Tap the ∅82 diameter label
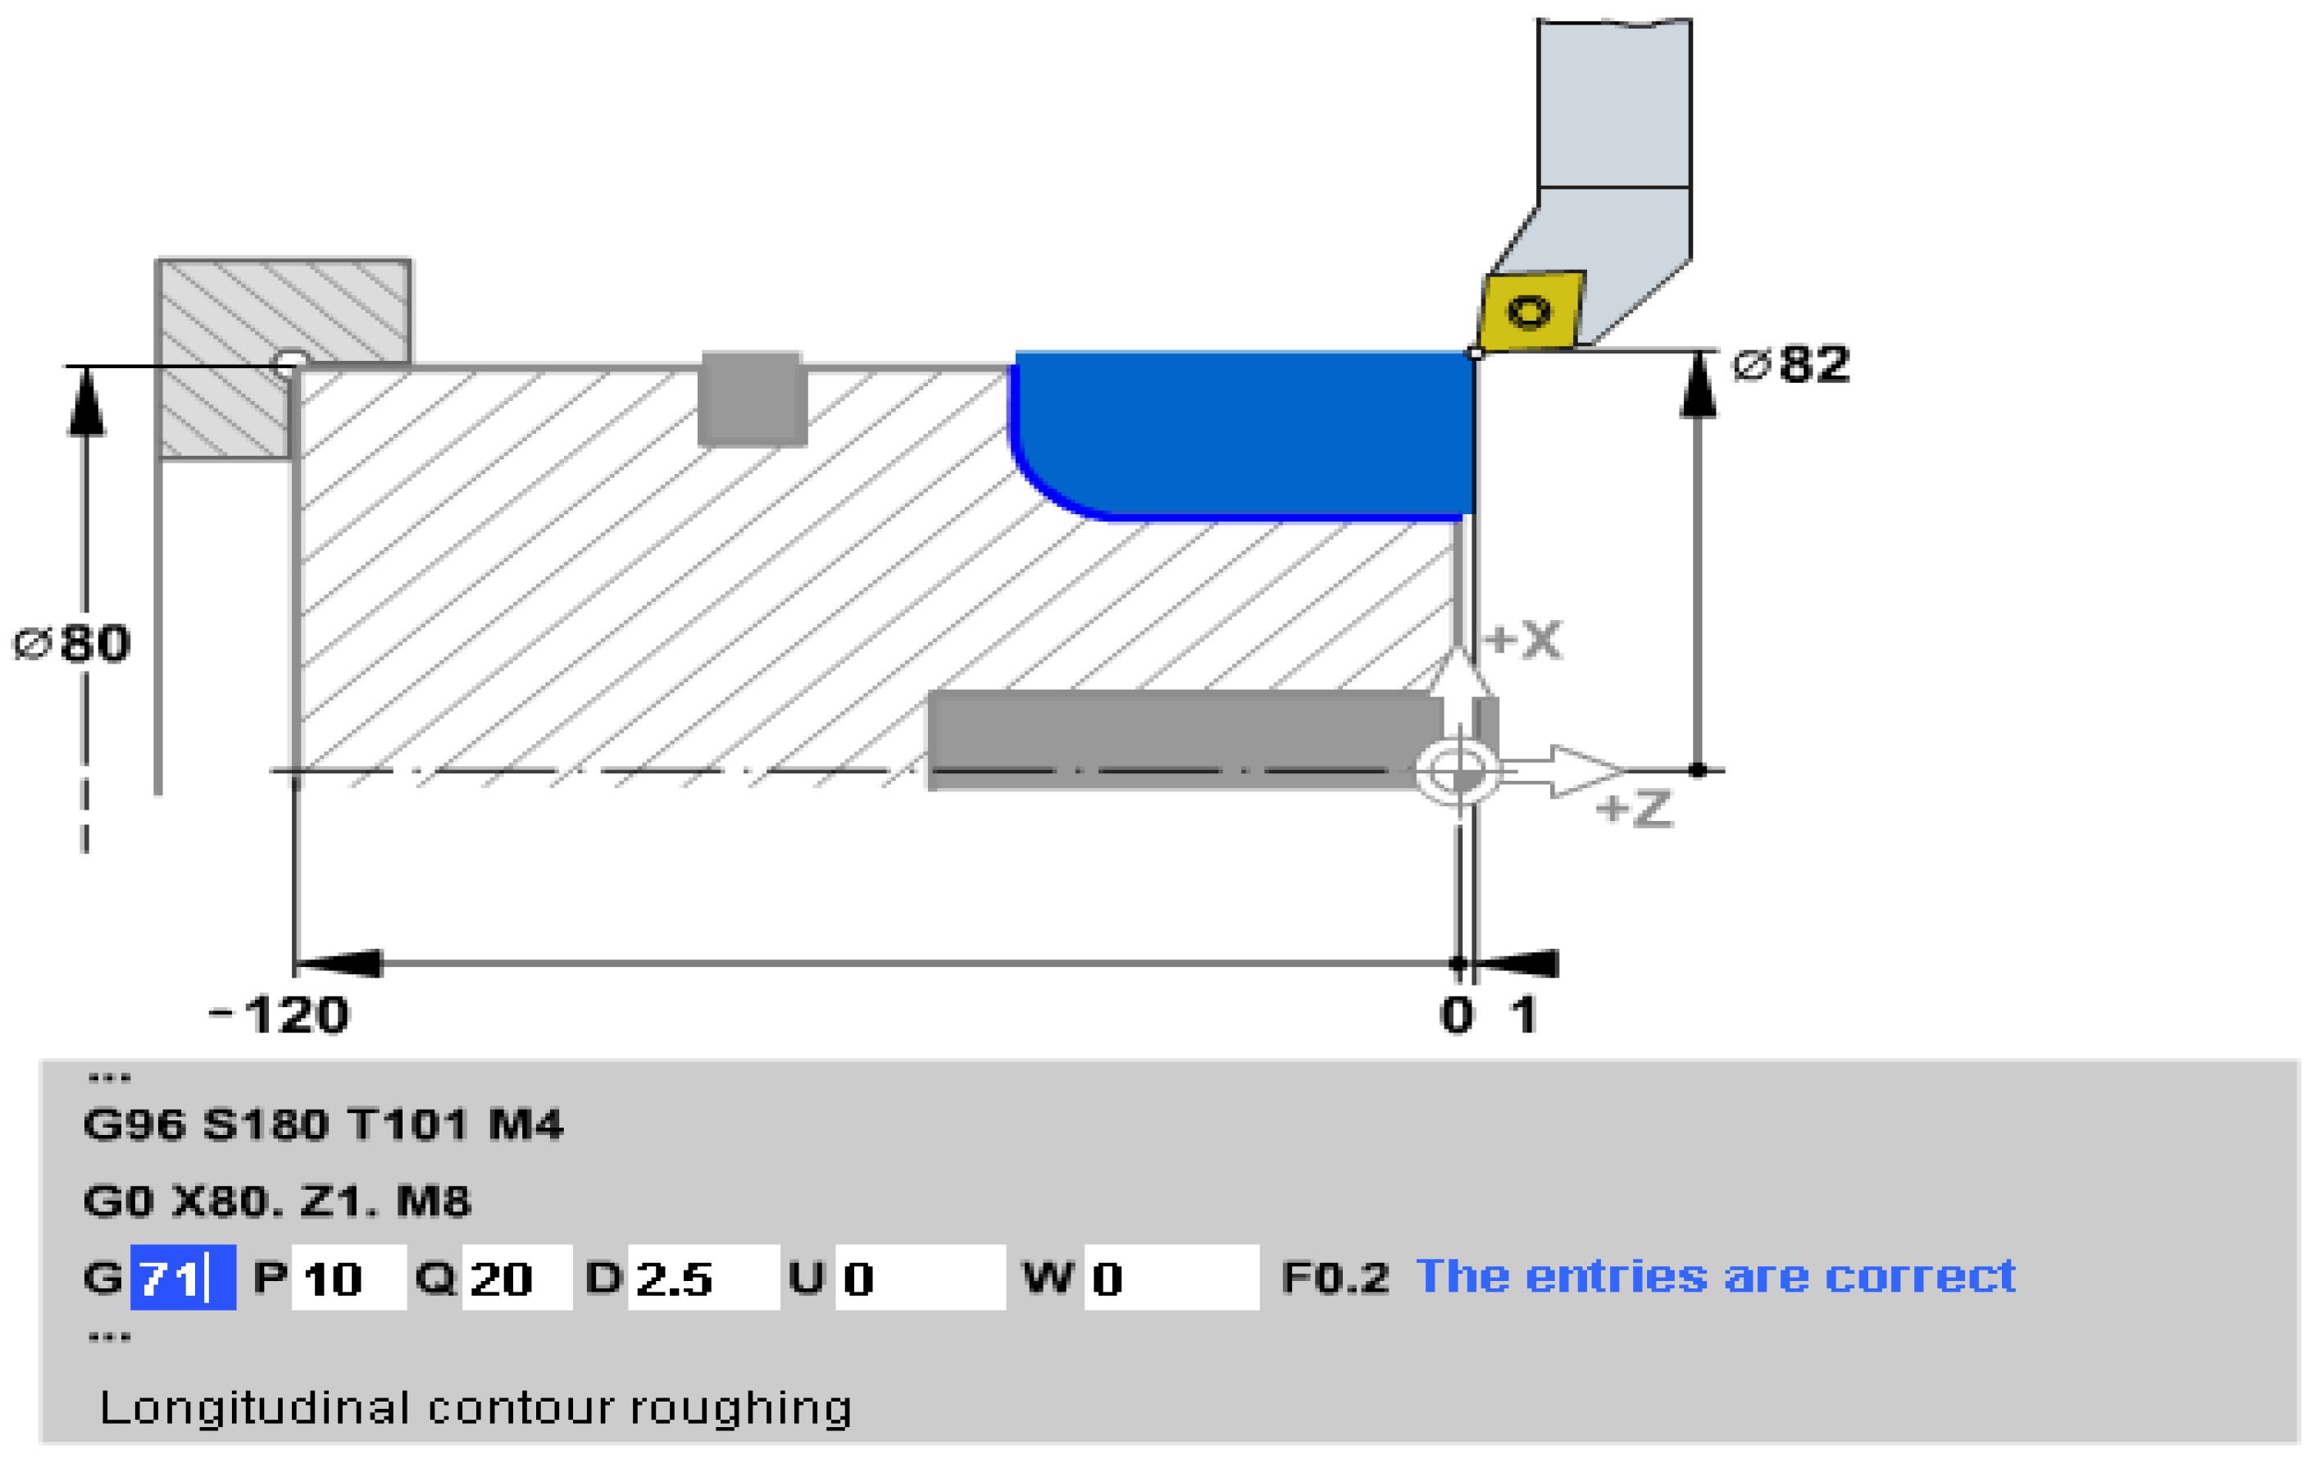pyautogui.click(x=1791, y=364)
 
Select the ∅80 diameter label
pyautogui.click(x=71, y=644)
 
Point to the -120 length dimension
pyautogui.click(x=280, y=1015)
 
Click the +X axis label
pyautogui.click(x=1522, y=640)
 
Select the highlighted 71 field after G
pyautogui.click(x=183, y=1278)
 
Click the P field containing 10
pyautogui.click(x=348, y=1278)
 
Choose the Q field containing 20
pyautogui.click(x=517, y=1278)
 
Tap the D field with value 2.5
pyautogui.click(x=703, y=1278)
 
